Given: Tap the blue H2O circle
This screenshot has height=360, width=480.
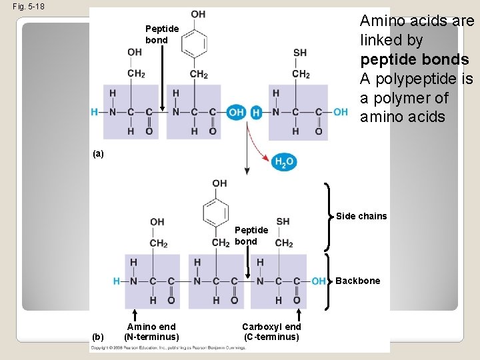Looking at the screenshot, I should (x=283, y=161).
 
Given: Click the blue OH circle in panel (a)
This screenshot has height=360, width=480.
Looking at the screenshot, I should (x=236, y=113).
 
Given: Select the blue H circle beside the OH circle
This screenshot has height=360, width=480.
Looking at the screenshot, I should (x=257, y=113).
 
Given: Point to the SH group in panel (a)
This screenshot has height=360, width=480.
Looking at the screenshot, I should (x=300, y=53).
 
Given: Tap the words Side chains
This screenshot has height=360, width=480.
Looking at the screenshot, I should (x=361, y=216).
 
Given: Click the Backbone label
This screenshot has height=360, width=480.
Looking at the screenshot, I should (x=358, y=281).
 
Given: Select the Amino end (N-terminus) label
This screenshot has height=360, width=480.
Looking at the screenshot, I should (x=151, y=331).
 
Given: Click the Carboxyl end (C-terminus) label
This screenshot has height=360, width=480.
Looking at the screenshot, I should (x=271, y=331).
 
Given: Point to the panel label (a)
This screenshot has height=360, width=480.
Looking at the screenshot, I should (x=99, y=153).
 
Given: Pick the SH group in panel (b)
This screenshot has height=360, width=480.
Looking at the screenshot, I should (x=283, y=221).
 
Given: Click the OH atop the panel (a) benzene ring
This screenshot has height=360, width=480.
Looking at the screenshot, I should (x=198, y=14).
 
